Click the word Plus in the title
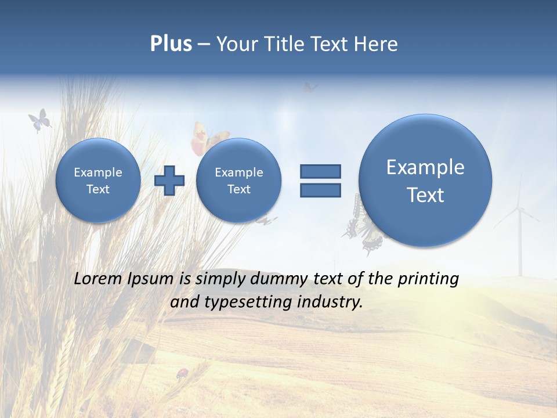(171, 44)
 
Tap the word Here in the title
(377, 44)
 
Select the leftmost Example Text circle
(98, 181)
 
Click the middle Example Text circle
(238, 181)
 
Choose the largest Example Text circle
(425, 181)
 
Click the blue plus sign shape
(169, 181)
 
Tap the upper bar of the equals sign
(320, 171)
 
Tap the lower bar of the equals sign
(320, 190)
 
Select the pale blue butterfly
(39, 120)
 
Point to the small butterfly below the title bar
(310, 88)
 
